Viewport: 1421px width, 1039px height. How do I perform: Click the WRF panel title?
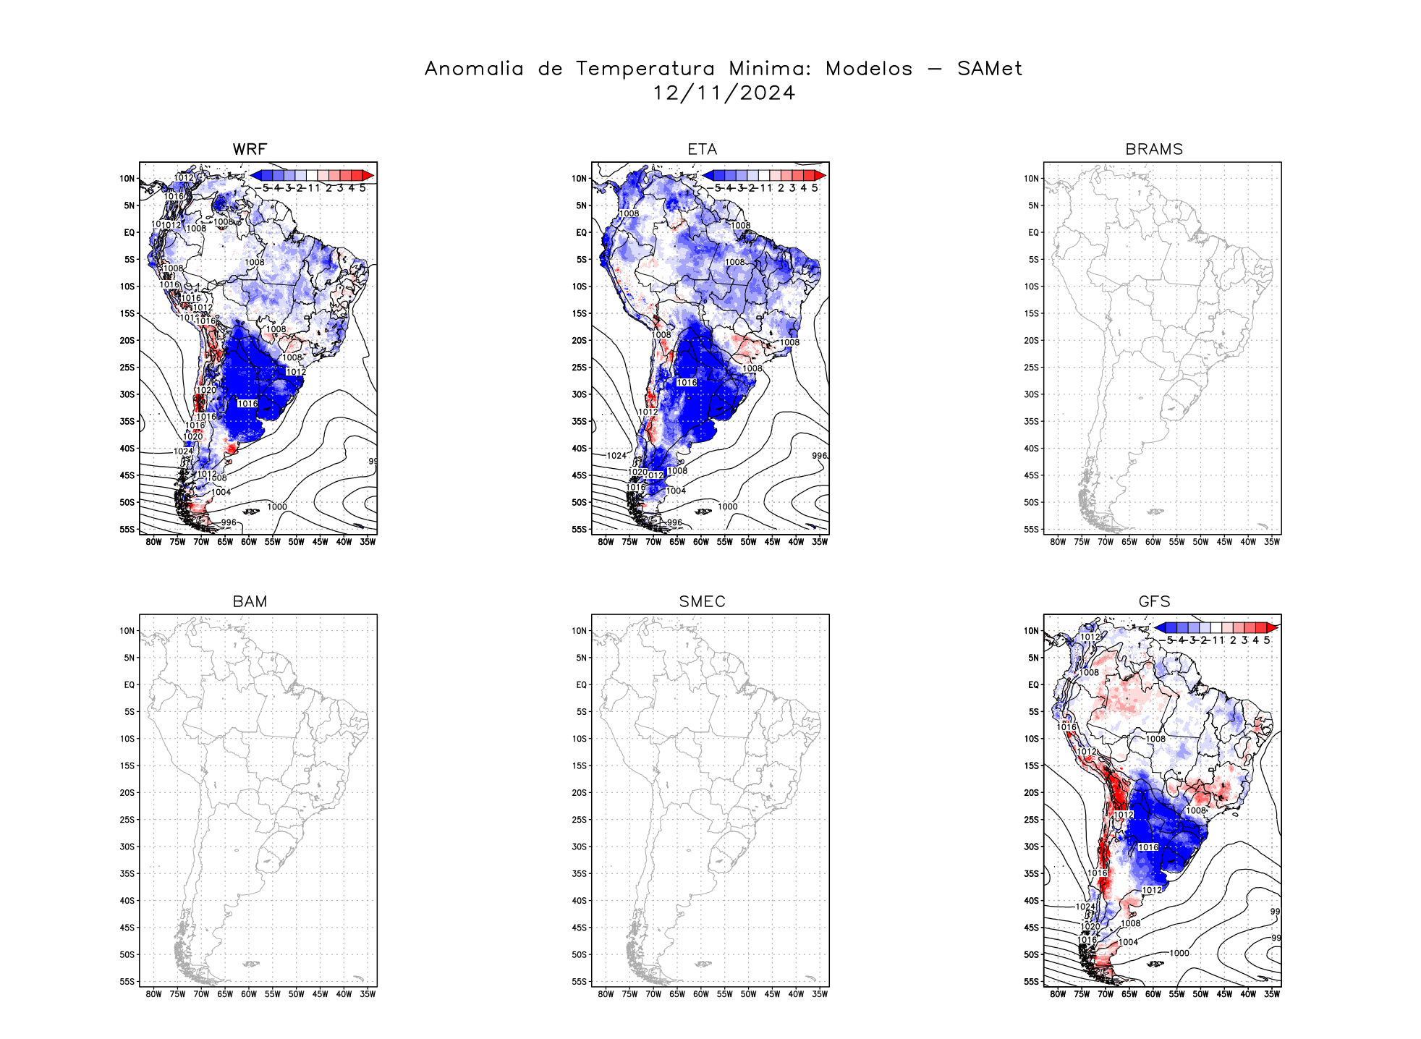click(250, 149)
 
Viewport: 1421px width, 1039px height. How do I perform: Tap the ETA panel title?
click(702, 149)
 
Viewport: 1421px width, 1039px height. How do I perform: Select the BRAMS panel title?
click(1154, 149)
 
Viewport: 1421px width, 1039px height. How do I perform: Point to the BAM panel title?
click(250, 601)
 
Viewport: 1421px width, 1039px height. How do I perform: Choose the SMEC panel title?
click(702, 601)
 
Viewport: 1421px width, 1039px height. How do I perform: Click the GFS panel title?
click(1154, 601)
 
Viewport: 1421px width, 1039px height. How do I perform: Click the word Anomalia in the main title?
click(474, 69)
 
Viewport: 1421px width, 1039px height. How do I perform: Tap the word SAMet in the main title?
click(989, 69)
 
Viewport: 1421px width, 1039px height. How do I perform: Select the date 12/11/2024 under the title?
click(724, 93)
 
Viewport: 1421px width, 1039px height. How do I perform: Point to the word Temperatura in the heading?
click(645, 69)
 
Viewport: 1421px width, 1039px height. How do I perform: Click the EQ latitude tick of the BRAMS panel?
click(1032, 232)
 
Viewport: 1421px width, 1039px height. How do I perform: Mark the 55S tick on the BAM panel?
click(127, 982)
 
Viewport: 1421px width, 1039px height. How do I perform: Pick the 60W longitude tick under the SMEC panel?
click(701, 994)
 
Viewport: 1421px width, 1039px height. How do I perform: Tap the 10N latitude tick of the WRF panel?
click(127, 179)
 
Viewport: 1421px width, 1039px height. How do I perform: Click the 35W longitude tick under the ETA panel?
click(819, 542)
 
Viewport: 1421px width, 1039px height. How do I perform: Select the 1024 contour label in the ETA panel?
click(616, 456)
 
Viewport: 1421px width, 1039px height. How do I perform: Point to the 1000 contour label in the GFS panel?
click(1179, 953)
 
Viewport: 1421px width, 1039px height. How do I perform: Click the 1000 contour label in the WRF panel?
click(277, 506)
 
